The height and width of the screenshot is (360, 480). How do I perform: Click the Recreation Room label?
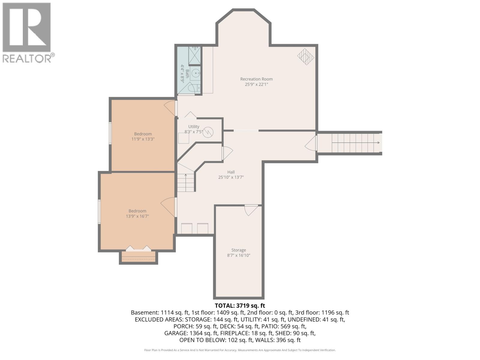256,79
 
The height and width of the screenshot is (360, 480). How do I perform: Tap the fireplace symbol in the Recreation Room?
305,56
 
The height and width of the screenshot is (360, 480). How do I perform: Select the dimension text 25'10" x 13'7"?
231,177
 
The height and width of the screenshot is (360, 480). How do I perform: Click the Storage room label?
238,250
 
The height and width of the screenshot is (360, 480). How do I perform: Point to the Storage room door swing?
251,210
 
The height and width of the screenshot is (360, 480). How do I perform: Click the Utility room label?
194,127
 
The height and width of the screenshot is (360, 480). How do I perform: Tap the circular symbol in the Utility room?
208,132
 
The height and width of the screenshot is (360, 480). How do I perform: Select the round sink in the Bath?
195,73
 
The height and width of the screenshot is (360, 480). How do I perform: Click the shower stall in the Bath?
195,55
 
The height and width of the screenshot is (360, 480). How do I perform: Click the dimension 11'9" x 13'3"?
143,139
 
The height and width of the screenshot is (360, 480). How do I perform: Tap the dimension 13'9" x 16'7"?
137,216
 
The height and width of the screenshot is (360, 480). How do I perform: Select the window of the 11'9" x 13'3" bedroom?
110,133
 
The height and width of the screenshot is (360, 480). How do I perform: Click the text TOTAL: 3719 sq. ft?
240,305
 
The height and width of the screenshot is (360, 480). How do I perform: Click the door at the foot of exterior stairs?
312,143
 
